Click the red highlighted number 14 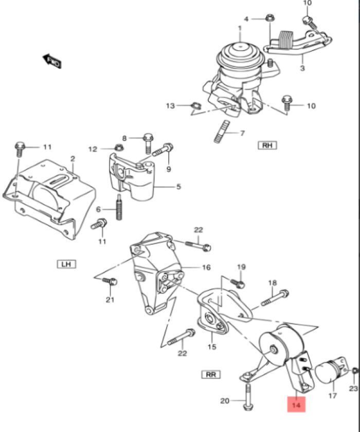click(296, 404)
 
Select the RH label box click(267, 145)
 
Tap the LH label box click(66, 264)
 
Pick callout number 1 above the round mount click(239, 28)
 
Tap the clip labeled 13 click(194, 106)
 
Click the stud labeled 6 click(119, 208)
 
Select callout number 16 click(206, 267)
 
